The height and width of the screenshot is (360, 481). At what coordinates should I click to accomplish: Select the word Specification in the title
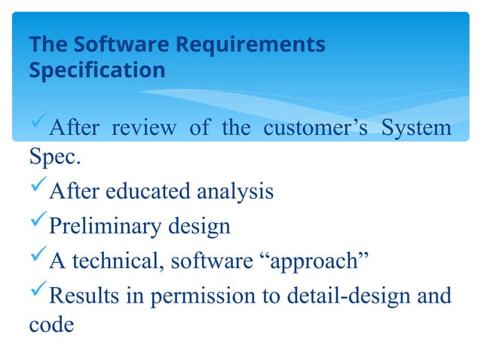coord(97,71)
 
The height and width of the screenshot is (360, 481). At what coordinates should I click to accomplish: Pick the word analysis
coord(235,192)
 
